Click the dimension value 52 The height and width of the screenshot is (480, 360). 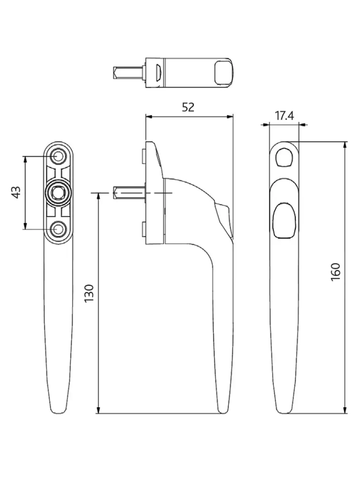(188, 107)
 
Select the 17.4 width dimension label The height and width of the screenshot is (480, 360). (284, 116)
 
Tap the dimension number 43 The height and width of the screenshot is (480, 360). (16, 192)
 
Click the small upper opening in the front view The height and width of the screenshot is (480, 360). (284, 158)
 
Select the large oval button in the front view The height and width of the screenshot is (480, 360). (284, 221)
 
